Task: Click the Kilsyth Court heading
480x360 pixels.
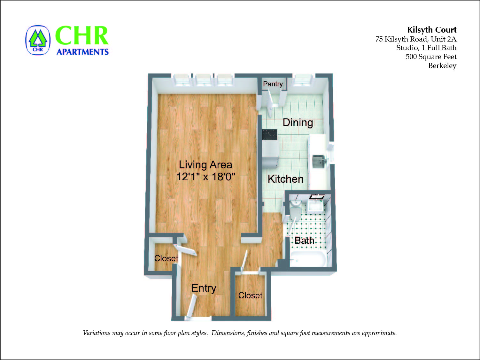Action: click(x=432, y=30)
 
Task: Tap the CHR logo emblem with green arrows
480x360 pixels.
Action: click(x=38, y=40)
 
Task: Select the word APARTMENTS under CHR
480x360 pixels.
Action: click(x=82, y=52)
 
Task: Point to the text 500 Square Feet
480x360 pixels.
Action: click(x=431, y=57)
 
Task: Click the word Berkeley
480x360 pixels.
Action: click(x=442, y=65)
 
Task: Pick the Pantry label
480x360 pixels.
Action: click(x=273, y=84)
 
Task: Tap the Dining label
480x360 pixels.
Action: click(x=298, y=122)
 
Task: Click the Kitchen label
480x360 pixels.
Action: click(x=285, y=179)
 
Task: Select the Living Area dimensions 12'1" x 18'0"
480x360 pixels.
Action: click(x=205, y=176)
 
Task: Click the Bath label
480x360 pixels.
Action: click(x=304, y=240)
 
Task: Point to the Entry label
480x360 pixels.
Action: click(x=204, y=288)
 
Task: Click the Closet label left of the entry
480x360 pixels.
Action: click(x=166, y=258)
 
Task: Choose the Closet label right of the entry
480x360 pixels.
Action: click(x=250, y=295)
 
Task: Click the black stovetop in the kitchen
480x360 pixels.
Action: click(x=269, y=134)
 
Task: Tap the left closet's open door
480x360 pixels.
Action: click(x=186, y=250)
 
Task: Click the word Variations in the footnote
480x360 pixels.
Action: click(x=96, y=333)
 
